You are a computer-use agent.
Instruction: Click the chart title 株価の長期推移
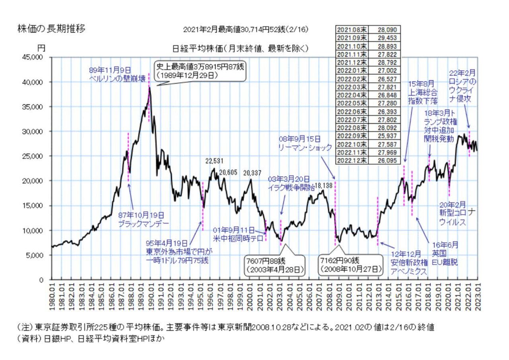click(x=51, y=29)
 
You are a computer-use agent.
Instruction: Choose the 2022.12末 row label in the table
click(x=352, y=160)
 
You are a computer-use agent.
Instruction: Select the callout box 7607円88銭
click(x=274, y=265)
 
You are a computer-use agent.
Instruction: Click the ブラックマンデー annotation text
click(x=143, y=224)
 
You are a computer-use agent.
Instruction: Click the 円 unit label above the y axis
click(x=41, y=48)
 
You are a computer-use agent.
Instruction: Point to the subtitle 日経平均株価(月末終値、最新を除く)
click(x=240, y=49)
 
